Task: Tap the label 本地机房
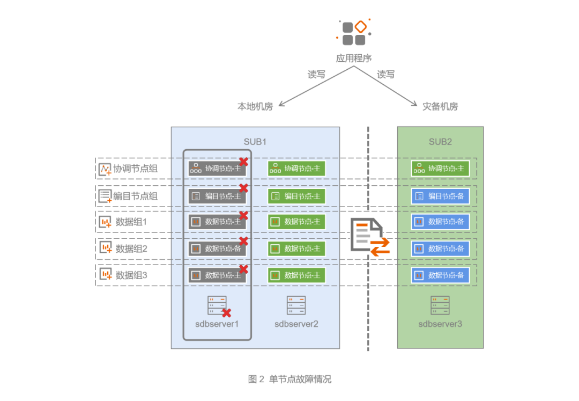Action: point(255,106)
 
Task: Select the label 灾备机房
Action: point(440,106)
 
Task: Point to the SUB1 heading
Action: point(255,142)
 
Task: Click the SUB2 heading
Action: point(440,142)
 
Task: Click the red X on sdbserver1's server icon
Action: point(227,312)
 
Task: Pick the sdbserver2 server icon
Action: point(296,305)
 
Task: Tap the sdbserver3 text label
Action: point(440,324)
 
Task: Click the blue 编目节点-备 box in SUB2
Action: point(440,196)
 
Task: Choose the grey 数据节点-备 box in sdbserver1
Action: point(217,249)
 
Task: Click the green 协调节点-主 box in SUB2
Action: point(440,169)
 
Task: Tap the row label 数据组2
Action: point(131,249)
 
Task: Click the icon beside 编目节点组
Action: point(105,196)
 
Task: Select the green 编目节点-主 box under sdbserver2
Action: point(296,196)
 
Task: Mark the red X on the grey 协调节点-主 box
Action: point(243,161)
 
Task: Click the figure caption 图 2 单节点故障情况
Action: point(289,379)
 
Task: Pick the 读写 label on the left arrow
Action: point(316,75)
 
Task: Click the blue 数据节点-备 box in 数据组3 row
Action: point(440,275)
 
